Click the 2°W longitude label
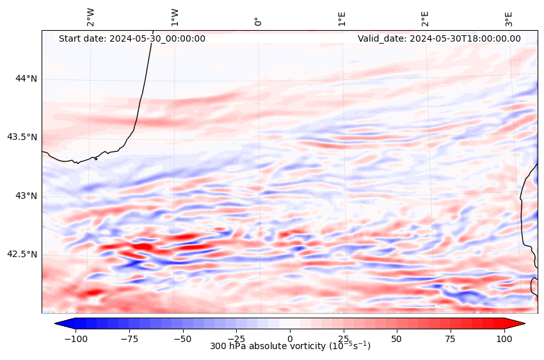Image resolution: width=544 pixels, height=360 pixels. [x=91, y=18]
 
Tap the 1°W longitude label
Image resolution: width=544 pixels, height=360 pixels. [x=175, y=18]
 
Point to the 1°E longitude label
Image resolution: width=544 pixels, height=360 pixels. [x=342, y=18]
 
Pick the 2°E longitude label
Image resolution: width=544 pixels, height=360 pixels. [x=425, y=18]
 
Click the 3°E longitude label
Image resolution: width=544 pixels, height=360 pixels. [x=509, y=18]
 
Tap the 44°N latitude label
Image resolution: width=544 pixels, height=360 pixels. [x=26, y=79]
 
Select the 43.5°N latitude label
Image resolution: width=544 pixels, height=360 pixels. [x=22, y=137]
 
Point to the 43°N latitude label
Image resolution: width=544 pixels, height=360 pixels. [x=26, y=195]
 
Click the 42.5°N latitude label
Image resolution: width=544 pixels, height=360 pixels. [x=22, y=254]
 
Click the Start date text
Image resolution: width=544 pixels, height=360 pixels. [x=132, y=38]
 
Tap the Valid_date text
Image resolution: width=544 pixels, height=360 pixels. [x=439, y=38]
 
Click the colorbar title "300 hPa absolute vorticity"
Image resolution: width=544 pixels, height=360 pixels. [x=290, y=346]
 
